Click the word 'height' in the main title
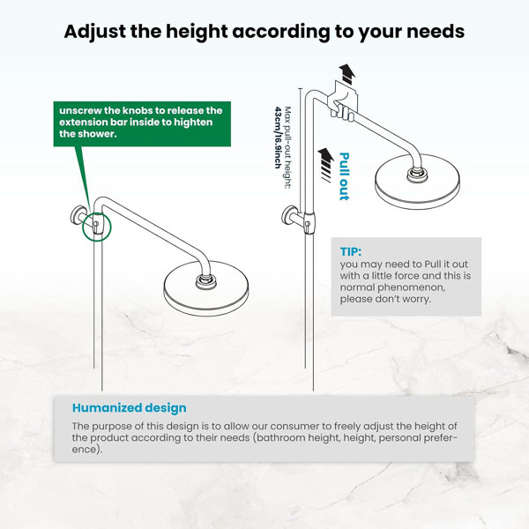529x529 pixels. point(197,32)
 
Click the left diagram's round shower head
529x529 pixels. point(205,285)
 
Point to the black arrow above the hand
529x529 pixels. point(347,74)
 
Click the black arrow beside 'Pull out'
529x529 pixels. point(326,165)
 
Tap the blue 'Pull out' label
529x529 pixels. point(344,176)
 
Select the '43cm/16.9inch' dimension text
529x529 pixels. point(278,138)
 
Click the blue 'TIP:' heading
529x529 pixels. point(351,251)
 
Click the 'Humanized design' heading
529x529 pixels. point(130,408)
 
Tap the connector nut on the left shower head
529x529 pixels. point(204,281)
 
